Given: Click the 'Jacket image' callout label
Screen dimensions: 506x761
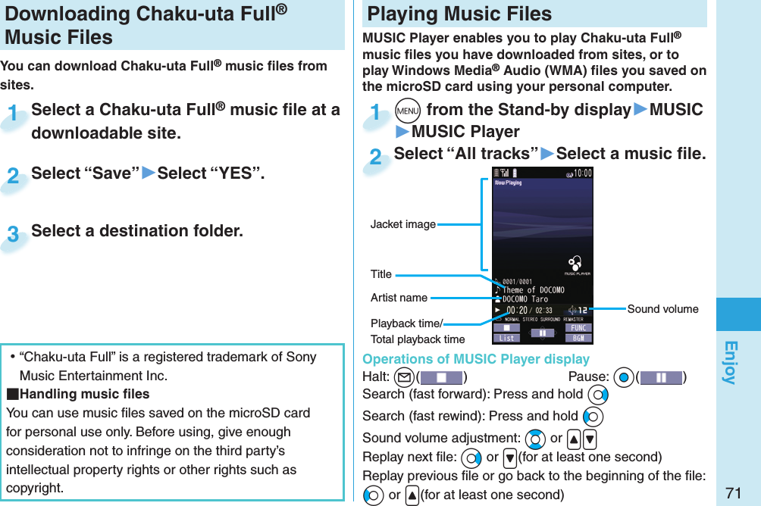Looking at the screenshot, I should [402, 224].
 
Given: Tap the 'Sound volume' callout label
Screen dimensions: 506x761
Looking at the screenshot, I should [662, 309].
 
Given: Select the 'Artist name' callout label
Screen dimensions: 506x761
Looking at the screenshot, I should [399, 298].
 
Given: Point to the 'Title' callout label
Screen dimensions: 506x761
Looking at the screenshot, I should [381, 274].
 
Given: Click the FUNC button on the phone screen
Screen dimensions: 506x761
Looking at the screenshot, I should [578, 328].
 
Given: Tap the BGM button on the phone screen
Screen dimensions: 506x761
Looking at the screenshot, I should [578, 338].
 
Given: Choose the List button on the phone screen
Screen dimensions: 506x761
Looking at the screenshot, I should [506, 338].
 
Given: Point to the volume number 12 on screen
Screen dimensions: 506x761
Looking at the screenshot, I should [581, 311].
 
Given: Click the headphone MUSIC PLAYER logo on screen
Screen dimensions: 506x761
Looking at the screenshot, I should [576, 264].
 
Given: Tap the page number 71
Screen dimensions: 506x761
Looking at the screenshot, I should [732, 493].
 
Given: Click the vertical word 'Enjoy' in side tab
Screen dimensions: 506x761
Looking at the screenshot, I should [730, 362].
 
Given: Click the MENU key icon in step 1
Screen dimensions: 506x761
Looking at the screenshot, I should [409, 110].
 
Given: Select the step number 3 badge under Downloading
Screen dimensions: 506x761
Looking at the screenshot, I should [13, 234].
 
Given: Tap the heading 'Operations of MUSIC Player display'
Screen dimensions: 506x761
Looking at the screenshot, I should [475, 359].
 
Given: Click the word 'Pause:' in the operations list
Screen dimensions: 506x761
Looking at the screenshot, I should [588, 377].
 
